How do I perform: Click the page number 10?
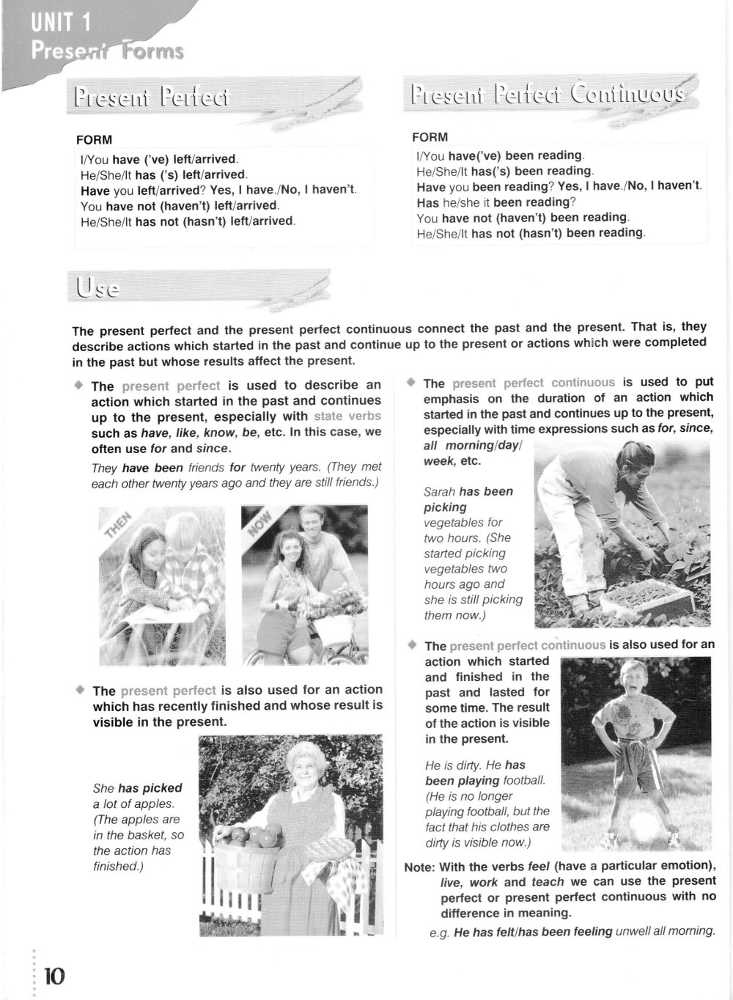pyautogui.click(x=54, y=976)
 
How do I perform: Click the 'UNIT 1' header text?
pyautogui.click(x=62, y=23)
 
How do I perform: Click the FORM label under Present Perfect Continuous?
pyautogui.click(x=430, y=137)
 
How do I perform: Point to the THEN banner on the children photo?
pyautogui.click(x=117, y=525)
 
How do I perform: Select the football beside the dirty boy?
pyautogui.click(x=644, y=826)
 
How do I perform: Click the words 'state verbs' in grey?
pyautogui.click(x=347, y=416)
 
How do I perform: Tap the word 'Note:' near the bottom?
pyautogui.click(x=419, y=867)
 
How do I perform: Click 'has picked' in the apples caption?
pyautogui.click(x=150, y=788)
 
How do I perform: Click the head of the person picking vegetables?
pyautogui.click(x=632, y=465)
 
